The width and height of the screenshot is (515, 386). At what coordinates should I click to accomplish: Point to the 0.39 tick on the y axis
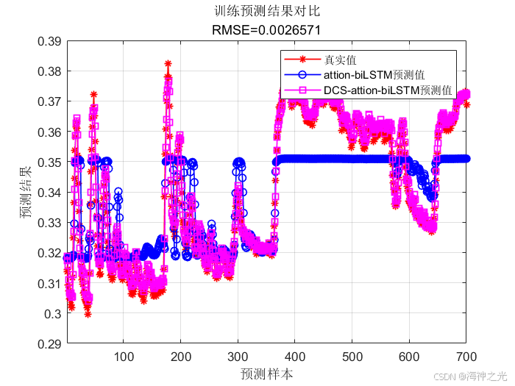click(49, 41)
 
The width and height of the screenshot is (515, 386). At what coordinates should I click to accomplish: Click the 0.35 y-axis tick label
click(49, 162)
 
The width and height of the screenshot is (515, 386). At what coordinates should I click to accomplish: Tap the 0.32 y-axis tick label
click(49, 253)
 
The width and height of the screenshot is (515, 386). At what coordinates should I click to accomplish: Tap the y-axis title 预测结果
click(26, 193)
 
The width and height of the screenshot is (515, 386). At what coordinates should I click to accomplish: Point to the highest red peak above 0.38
click(168, 64)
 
